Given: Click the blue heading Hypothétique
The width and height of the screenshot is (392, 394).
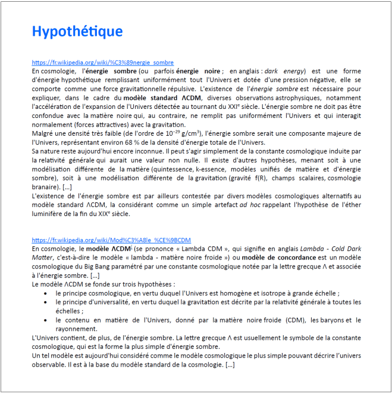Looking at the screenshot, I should click(77, 32).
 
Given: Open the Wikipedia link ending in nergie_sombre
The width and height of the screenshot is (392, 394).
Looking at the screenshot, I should click(103, 62).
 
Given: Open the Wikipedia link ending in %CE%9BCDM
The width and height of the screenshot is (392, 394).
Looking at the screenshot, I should click(111, 240).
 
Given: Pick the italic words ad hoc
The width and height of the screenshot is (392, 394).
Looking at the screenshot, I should click(248, 205).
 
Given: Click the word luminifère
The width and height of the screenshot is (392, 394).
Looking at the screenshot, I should click(48, 213).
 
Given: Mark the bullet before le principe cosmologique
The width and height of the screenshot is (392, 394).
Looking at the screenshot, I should click(48, 293).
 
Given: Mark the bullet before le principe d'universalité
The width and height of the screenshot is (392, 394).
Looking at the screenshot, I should click(48, 302).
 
